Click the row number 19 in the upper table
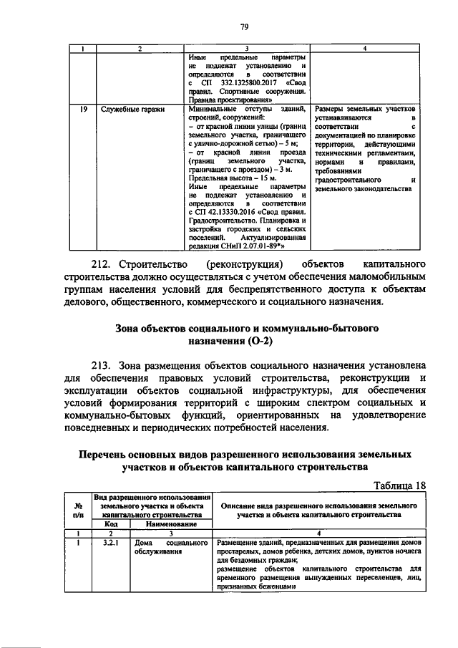[x=83, y=110]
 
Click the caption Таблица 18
[x=396, y=485]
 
